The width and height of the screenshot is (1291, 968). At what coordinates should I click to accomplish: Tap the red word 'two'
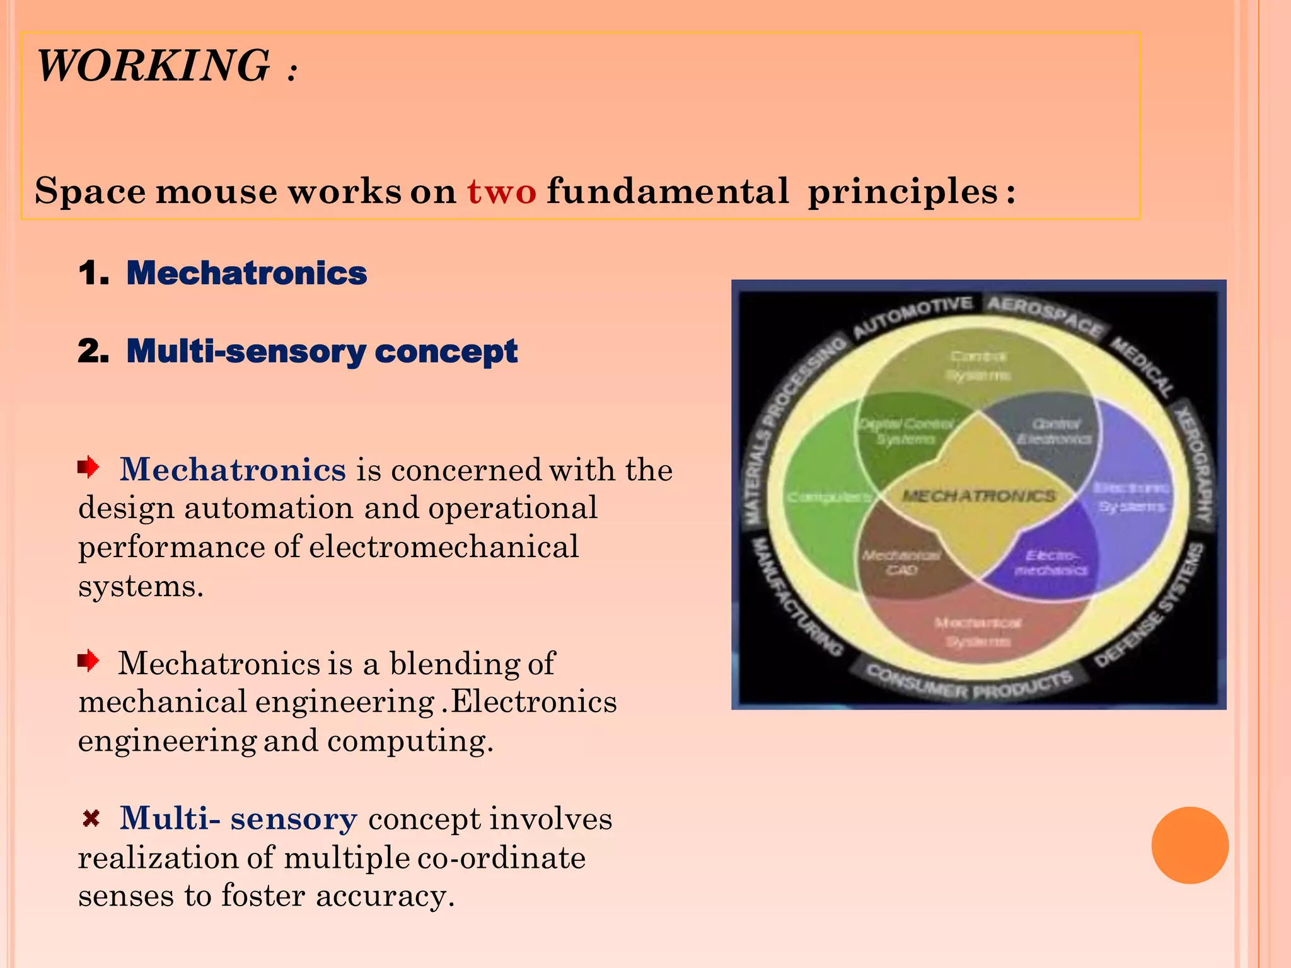coord(501,191)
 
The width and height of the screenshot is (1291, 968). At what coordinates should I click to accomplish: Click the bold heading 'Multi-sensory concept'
coord(321,351)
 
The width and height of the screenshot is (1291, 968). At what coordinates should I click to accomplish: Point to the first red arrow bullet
coord(89,468)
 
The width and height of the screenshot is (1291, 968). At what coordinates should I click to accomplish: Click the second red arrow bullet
coord(89,661)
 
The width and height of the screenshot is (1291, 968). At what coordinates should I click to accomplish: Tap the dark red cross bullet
coord(91,819)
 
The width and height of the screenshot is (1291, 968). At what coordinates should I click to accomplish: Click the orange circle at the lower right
coord(1190,845)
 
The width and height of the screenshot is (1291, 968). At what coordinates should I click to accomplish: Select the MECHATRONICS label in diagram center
coord(978,497)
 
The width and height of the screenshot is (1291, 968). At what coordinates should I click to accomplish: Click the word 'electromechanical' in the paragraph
coord(443,547)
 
